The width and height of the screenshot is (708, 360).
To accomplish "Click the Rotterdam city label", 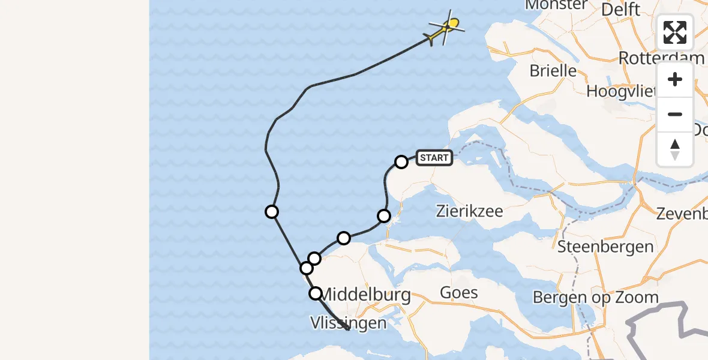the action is click(x=661, y=58).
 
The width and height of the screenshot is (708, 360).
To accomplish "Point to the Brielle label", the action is click(x=553, y=71).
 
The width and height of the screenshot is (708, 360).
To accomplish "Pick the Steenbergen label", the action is click(x=605, y=246).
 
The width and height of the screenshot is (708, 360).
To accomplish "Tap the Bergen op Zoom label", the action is click(x=595, y=297).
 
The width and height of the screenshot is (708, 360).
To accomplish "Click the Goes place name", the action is click(x=459, y=293).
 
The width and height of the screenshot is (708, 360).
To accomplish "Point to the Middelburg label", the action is click(x=366, y=295).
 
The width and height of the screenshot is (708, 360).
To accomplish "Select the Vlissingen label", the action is click(x=348, y=323).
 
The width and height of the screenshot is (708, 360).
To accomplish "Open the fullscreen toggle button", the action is click(x=675, y=32).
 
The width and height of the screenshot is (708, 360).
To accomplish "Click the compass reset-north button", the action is click(x=675, y=149).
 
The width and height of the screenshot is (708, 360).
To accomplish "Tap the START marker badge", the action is click(x=434, y=158).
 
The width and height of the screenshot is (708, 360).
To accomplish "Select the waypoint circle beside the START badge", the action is click(x=401, y=161).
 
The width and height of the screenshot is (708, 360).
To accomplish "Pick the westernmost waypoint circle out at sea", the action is click(x=272, y=211).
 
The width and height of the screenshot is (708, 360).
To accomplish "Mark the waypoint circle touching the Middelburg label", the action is click(x=316, y=293).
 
